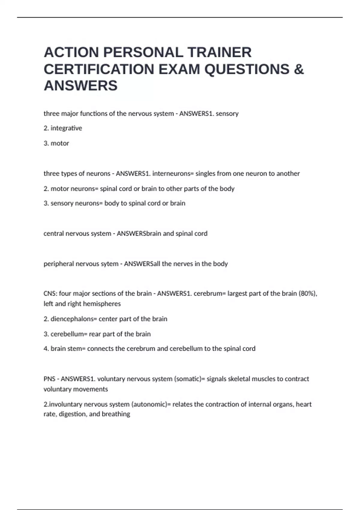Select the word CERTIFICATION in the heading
click(x=99, y=69)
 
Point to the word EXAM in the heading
click(x=179, y=69)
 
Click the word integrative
click(x=66, y=128)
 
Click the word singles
click(x=205, y=173)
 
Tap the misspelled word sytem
click(x=109, y=264)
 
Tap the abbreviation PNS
click(x=49, y=379)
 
